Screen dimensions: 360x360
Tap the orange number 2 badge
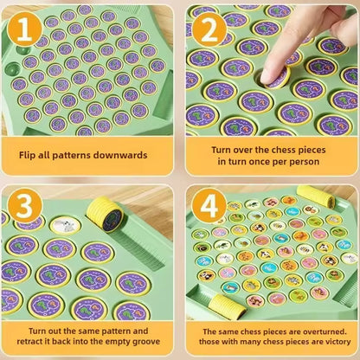209,30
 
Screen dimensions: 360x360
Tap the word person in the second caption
308,161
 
